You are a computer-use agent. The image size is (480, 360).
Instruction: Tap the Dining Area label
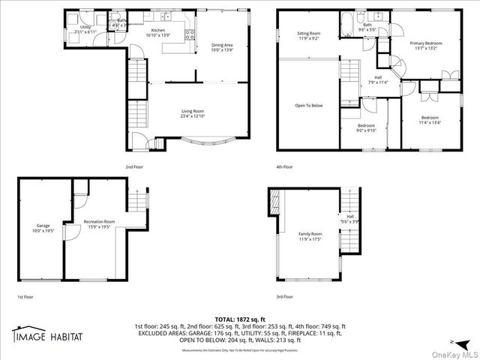[x=222, y=47]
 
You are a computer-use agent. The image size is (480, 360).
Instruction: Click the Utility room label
[x=85, y=29]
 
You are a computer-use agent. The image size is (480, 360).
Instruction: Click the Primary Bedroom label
[x=425, y=46]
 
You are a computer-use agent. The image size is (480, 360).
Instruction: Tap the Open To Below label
[x=309, y=105]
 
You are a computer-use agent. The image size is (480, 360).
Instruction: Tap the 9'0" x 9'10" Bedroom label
[x=365, y=127]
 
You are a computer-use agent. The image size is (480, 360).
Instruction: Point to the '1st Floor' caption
[x=25, y=297]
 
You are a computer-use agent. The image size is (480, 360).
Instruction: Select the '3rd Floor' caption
[x=284, y=297]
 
